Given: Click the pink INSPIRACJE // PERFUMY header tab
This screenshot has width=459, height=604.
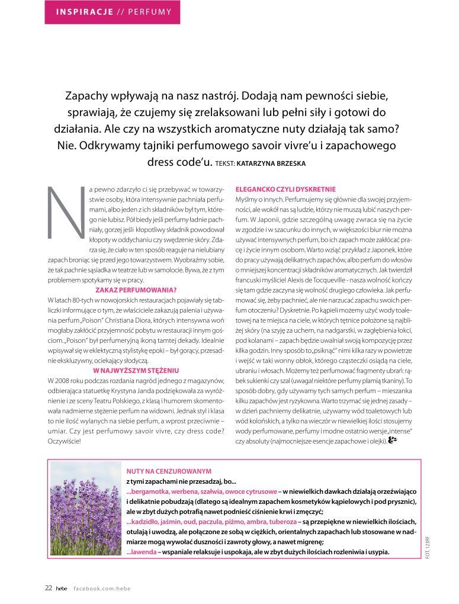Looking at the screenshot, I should tap(113, 12).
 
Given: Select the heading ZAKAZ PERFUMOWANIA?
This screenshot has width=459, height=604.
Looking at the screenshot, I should tap(136, 290).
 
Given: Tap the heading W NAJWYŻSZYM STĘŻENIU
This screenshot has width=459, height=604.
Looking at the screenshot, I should tap(136, 370).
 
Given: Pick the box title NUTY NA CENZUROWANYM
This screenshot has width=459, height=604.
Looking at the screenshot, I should tap(169, 471).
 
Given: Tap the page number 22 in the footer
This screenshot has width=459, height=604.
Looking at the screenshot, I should tap(49, 588).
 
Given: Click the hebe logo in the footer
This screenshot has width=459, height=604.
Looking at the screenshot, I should tap(62, 588).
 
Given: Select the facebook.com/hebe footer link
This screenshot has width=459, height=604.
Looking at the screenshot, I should tap(101, 588).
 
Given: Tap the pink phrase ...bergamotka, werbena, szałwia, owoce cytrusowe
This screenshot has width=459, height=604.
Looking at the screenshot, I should tap(202, 491).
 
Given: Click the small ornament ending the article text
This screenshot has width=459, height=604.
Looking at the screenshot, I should tap(392, 440).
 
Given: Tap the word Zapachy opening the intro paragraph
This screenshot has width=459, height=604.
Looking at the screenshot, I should tap(86, 96).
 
